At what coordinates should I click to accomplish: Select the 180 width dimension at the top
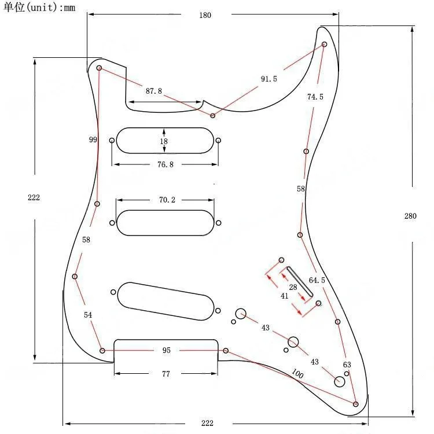205,16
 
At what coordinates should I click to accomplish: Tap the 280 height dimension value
410,216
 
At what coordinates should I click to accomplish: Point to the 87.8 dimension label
153,91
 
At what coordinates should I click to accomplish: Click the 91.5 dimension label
269,79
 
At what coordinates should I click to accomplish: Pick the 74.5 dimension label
315,97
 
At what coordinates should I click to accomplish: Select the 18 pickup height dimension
164,141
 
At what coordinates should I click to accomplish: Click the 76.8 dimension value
165,164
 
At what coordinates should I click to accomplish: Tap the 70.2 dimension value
167,200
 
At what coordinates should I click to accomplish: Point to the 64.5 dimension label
317,280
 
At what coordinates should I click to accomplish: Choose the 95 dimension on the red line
166,351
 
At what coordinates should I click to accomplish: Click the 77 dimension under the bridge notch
165,374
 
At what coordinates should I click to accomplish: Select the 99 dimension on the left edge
93,140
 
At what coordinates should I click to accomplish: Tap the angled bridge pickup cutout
166,300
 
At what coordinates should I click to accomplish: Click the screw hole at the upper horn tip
324,44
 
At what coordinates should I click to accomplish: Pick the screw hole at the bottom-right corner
355,403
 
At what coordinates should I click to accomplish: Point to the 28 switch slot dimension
293,288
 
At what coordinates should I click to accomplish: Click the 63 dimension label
347,365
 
